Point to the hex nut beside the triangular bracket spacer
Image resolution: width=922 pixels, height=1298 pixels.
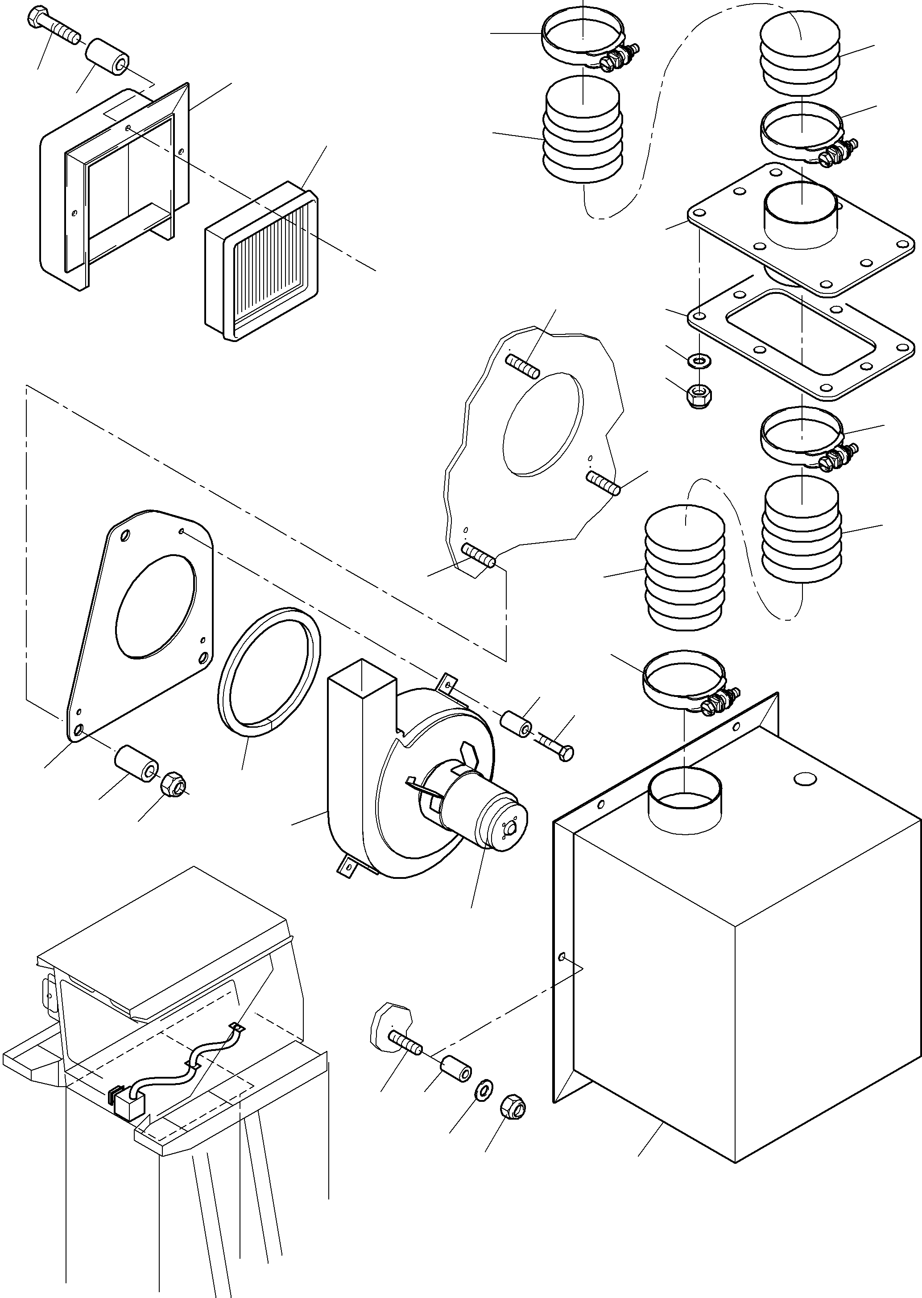pyautogui.click(x=173, y=784)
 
